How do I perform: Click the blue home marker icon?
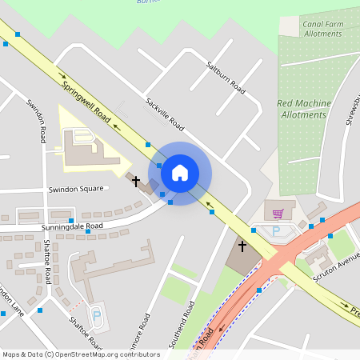tap(180, 172)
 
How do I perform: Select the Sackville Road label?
tap(165, 115)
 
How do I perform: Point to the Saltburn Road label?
tap(225, 77)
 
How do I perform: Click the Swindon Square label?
tap(76, 189)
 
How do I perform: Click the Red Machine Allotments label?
tap(302, 109)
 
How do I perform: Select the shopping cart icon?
tap(278, 214)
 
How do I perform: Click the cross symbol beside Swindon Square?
tap(136, 182)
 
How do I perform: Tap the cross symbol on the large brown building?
tap(242, 246)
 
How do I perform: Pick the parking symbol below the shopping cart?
tap(277, 231)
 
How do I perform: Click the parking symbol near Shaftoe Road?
tap(97, 316)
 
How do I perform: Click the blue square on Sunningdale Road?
tap(71, 220)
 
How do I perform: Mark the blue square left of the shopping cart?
tap(254, 230)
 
